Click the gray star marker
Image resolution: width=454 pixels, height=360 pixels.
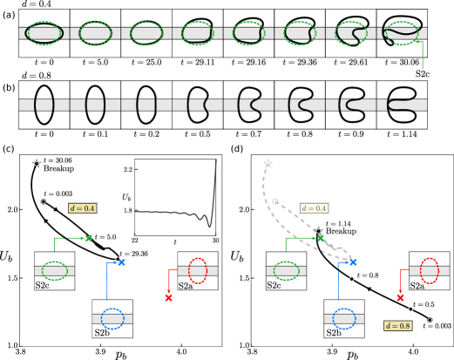(x=268, y=163)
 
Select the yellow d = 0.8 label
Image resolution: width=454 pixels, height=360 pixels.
(x=397, y=325)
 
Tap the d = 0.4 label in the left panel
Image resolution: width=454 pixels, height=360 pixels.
(x=83, y=208)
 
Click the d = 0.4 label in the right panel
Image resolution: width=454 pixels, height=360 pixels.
(x=314, y=208)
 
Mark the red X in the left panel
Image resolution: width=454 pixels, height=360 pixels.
(x=169, y=297)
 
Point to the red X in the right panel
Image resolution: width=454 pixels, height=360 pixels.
(x=400, y=297)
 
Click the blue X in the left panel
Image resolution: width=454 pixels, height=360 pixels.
(x=121, y=262)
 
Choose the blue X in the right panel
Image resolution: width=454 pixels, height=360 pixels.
(x=353, y=262)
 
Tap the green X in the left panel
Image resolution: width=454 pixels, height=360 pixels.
(x=88, y=238)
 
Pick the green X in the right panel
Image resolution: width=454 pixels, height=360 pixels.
(x=320, y=238)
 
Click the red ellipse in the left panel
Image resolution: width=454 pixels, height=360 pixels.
(x=198, y=270)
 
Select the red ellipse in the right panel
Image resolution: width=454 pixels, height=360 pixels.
(x=429, y=270)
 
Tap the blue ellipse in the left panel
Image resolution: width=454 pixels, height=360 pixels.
(x=112, y=318)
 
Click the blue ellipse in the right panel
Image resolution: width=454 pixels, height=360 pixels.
(x=343, y=318)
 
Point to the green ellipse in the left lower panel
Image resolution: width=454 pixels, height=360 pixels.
(x=54, y=270)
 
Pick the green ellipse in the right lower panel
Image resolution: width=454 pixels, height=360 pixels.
(x=286, y=270)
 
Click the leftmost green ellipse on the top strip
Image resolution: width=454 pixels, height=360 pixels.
(x=44, y=33)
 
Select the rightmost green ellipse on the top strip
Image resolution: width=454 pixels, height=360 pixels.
(x=402, y=33)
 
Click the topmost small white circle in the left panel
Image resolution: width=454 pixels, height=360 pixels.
(x=37, y=163)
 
